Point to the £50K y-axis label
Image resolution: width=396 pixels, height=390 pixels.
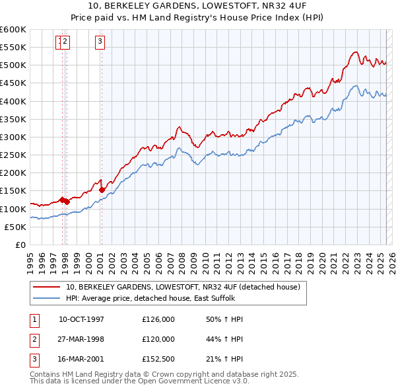(x=15, y=227)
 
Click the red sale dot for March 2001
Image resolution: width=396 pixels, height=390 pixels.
(x=102, y=190)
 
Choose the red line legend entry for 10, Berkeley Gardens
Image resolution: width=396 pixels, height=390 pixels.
(x=183, y=287)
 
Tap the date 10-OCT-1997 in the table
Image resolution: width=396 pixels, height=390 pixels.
(x=81, y=319)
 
